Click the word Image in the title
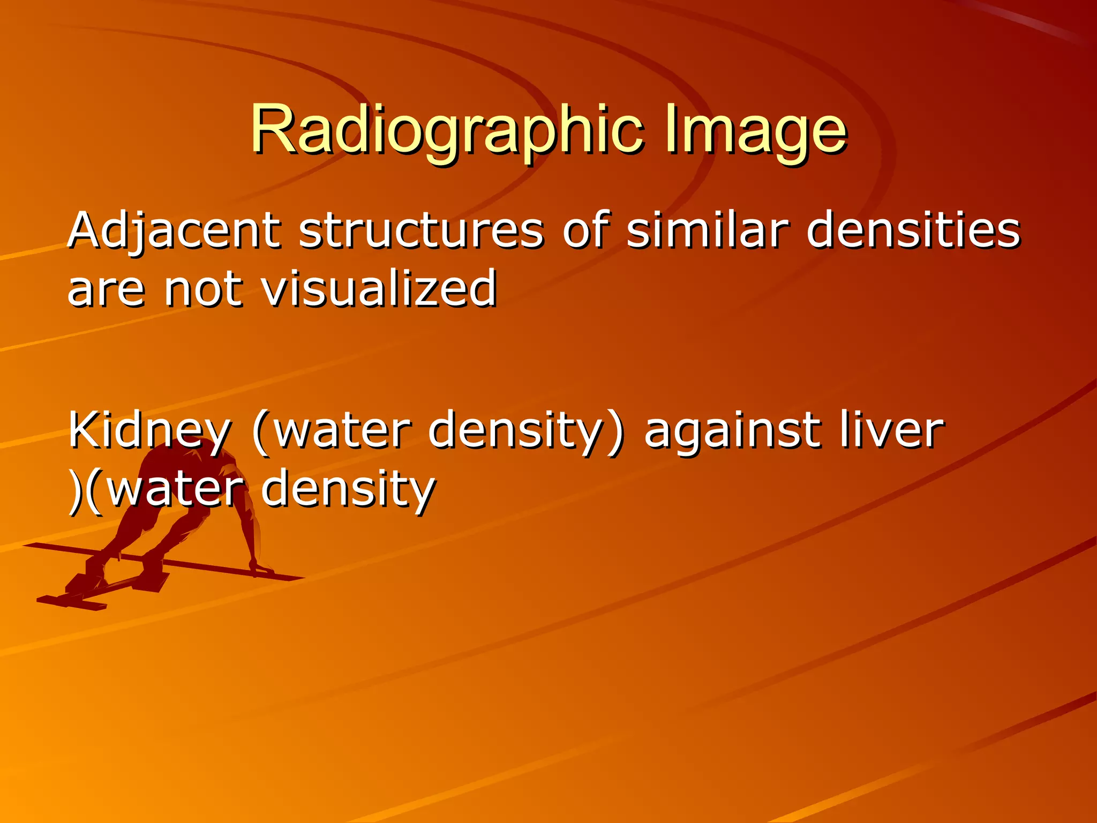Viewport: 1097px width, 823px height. click(x=755, y=130)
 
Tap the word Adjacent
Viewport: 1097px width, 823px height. click(x=174, y=231)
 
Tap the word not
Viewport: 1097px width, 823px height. click(x=202, y=289)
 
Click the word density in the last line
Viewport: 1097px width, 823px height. click(x=348, y=489)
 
